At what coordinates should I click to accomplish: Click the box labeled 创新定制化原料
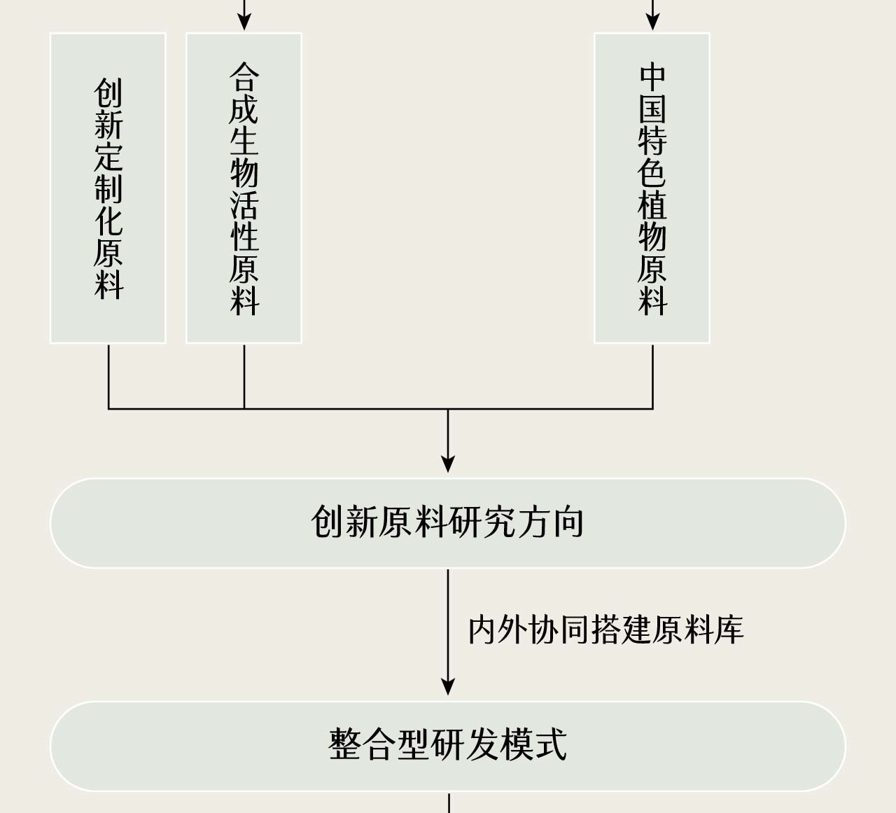[x=108, y=188]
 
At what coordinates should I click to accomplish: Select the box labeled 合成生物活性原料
[x=244, y=188]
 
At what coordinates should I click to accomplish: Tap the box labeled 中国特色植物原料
[x=652, y=188]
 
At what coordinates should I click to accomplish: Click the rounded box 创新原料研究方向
[x=447, y=522]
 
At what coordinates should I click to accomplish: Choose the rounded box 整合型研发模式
[x=447, y=746]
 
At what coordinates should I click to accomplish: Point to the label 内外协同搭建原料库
[x=605, y=630]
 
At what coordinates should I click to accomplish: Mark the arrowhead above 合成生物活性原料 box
[x=244, y=22]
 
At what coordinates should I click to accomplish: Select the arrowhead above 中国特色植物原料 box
[x=652, y=22]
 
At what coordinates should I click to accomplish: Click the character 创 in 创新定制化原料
[x=108, y=92]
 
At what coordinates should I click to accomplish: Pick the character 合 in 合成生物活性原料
[x=244, y=77]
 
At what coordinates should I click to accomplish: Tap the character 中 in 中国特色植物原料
[x=652, y=77]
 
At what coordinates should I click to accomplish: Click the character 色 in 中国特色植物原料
[x=652, y=173]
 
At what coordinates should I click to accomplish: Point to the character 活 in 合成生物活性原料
[x=244, y=204]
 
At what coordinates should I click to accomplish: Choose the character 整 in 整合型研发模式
[x=345, y=746]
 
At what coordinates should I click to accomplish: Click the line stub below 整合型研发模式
[x=448, y=802]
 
